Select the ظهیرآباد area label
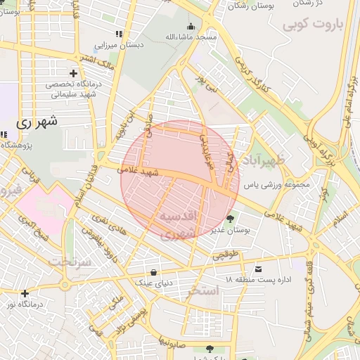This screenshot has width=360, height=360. (x=263, y=162)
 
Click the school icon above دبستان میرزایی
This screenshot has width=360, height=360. (x=119, y=33)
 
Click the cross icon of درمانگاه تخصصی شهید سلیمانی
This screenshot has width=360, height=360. (x=73, y=73)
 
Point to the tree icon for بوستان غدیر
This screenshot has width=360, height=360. (x=231, y=217)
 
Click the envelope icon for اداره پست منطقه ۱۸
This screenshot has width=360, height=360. (x=259, y=269)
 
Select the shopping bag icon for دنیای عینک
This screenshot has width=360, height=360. (x=154, y=273)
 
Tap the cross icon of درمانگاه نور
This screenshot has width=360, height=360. (x=25, y=293)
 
